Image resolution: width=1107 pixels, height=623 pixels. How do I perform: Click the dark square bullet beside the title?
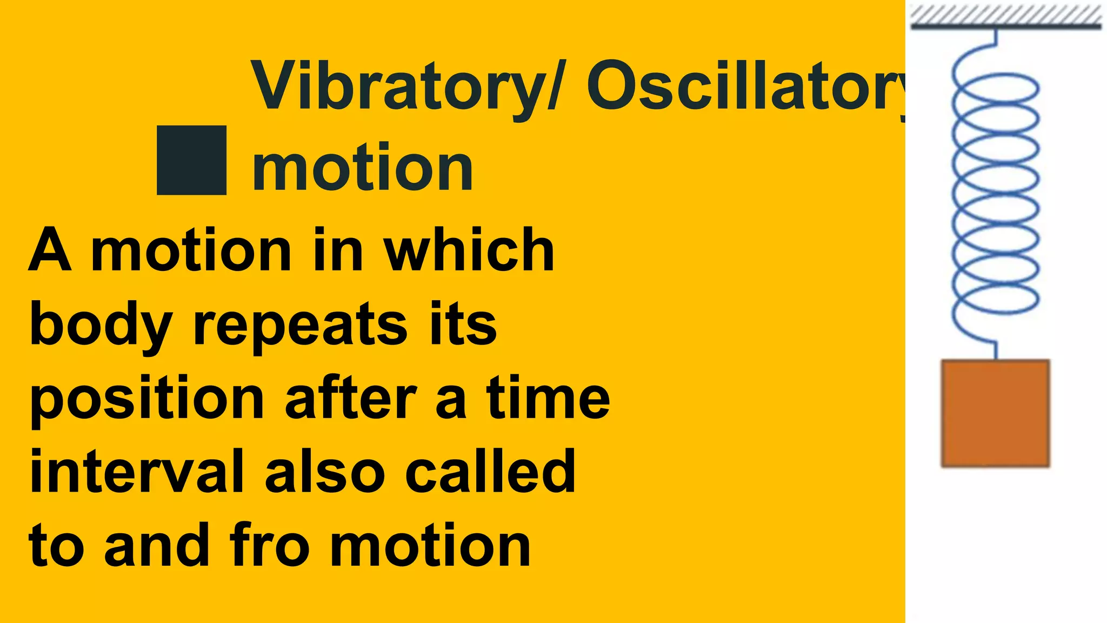[191, 160]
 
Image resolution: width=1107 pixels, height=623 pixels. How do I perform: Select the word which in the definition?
[469, 250]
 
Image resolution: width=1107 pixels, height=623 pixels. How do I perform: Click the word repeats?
[301, 324]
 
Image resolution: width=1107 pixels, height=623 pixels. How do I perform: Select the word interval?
[137, 472]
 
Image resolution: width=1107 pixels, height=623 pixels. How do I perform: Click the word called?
[490, 472]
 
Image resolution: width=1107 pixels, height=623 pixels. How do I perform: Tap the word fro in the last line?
[269, 546]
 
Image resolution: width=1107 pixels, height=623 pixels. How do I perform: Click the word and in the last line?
[157, 546]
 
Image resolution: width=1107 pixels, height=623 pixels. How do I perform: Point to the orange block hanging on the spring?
[995, 413]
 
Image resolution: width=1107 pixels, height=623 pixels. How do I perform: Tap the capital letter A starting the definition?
[50, 250]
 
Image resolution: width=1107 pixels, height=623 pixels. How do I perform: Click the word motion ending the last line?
[430, 546]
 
